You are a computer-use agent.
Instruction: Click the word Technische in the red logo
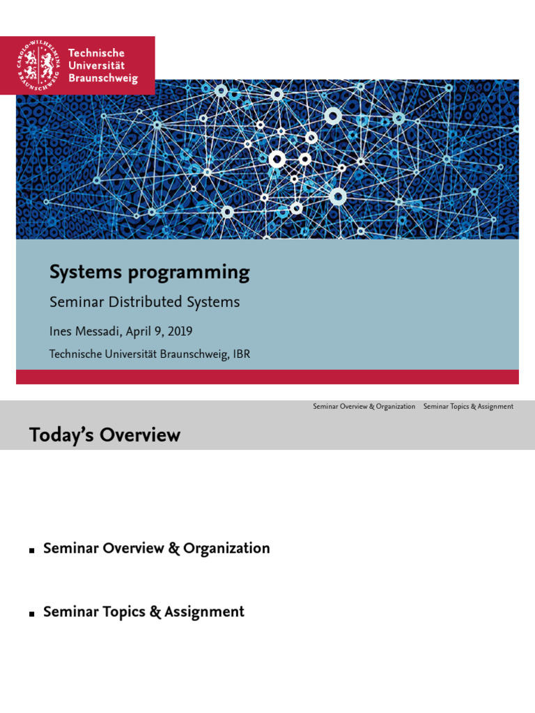click(96, 53)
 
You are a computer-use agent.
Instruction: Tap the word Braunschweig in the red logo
click(102, 79)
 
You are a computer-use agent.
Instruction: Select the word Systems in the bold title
click(84, 272)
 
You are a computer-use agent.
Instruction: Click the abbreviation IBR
click(240, 354)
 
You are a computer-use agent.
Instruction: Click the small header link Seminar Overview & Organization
click(364, 407)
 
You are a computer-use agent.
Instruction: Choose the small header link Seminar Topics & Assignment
click(468, 407)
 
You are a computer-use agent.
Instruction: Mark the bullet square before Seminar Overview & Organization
click(32, 551)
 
